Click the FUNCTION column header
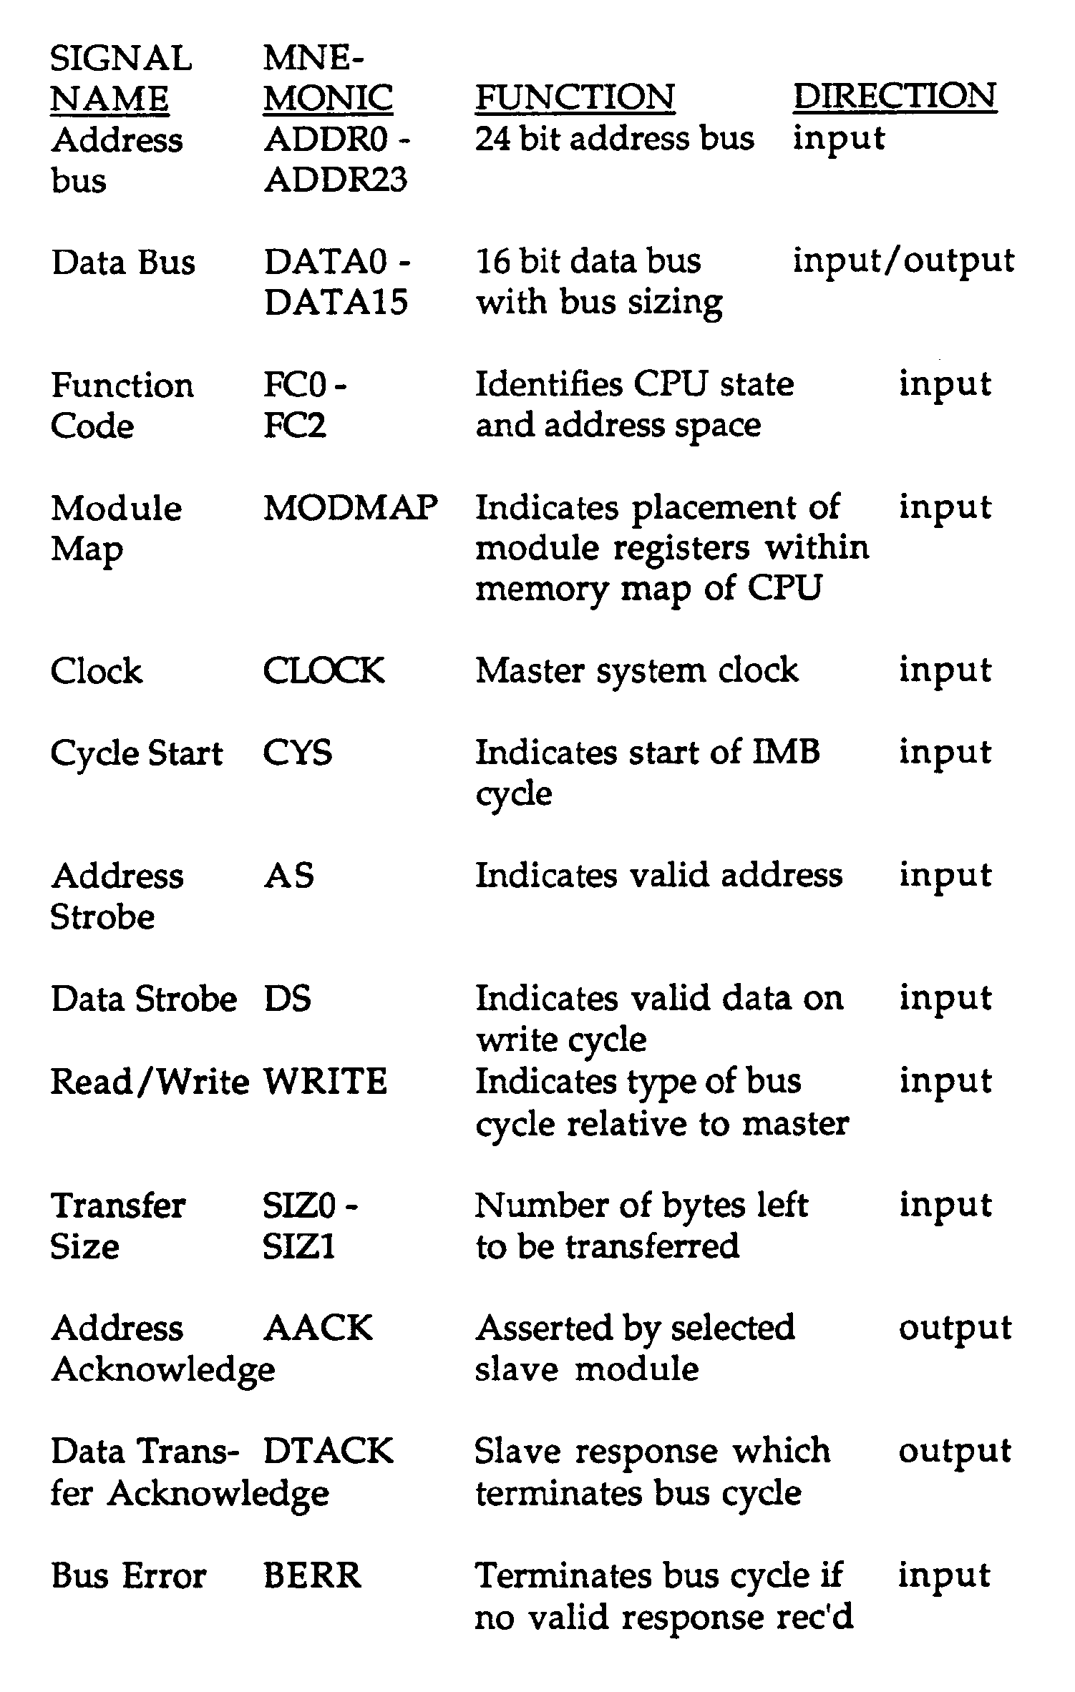point(575,97)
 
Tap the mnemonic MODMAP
point(351,509)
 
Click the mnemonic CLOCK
point(324,671)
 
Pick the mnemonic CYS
point(298,753)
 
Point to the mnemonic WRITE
point(326,1081)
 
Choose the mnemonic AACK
point(318,1329)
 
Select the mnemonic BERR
point(313,1576)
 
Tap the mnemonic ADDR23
point(336,179)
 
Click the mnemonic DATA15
point(336,302)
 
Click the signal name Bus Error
point(129,1576)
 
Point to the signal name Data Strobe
point(144,999)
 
